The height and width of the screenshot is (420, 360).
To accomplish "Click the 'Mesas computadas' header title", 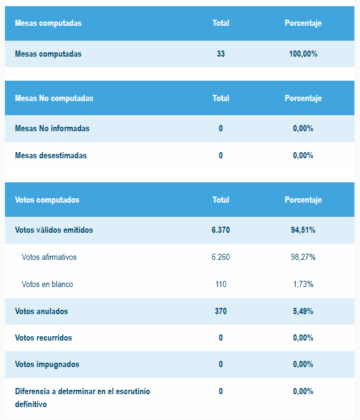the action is coord(48,23).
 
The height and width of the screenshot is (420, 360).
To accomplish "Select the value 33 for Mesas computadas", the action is coord(221,54).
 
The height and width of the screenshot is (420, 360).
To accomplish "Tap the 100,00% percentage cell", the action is coord(303,54).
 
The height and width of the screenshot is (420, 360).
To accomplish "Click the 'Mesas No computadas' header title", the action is coord(54,99).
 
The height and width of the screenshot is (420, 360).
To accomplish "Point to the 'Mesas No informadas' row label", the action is coord(52,129).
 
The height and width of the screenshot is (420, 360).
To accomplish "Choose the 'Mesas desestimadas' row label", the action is coord(51,156).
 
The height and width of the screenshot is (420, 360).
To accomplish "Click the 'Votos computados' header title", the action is coord(47,200).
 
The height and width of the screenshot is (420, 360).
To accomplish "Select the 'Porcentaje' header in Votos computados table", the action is coord(303,200).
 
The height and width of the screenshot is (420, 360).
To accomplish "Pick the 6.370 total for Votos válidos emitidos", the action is coord(221,230).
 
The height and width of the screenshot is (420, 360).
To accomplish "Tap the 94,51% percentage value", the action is coord(303,230).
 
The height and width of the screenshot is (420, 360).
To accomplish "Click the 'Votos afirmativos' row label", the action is coord(49,257).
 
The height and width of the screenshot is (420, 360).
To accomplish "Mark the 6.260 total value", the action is coord(221,257).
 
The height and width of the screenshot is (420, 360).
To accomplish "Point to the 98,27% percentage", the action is coord(303,257).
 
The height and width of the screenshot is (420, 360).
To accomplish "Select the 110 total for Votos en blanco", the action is coord(221,284).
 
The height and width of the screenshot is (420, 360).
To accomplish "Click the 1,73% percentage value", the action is coord(303,284).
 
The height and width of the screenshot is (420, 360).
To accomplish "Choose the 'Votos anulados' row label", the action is coord(41,311).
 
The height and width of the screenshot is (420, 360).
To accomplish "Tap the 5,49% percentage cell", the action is coord(303,311).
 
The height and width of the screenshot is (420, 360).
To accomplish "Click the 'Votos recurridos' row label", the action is coord(43,337).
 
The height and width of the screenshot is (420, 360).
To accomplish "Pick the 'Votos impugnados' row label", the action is coord(47,365).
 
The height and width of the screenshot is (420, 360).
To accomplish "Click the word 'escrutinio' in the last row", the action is coord(133,391).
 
